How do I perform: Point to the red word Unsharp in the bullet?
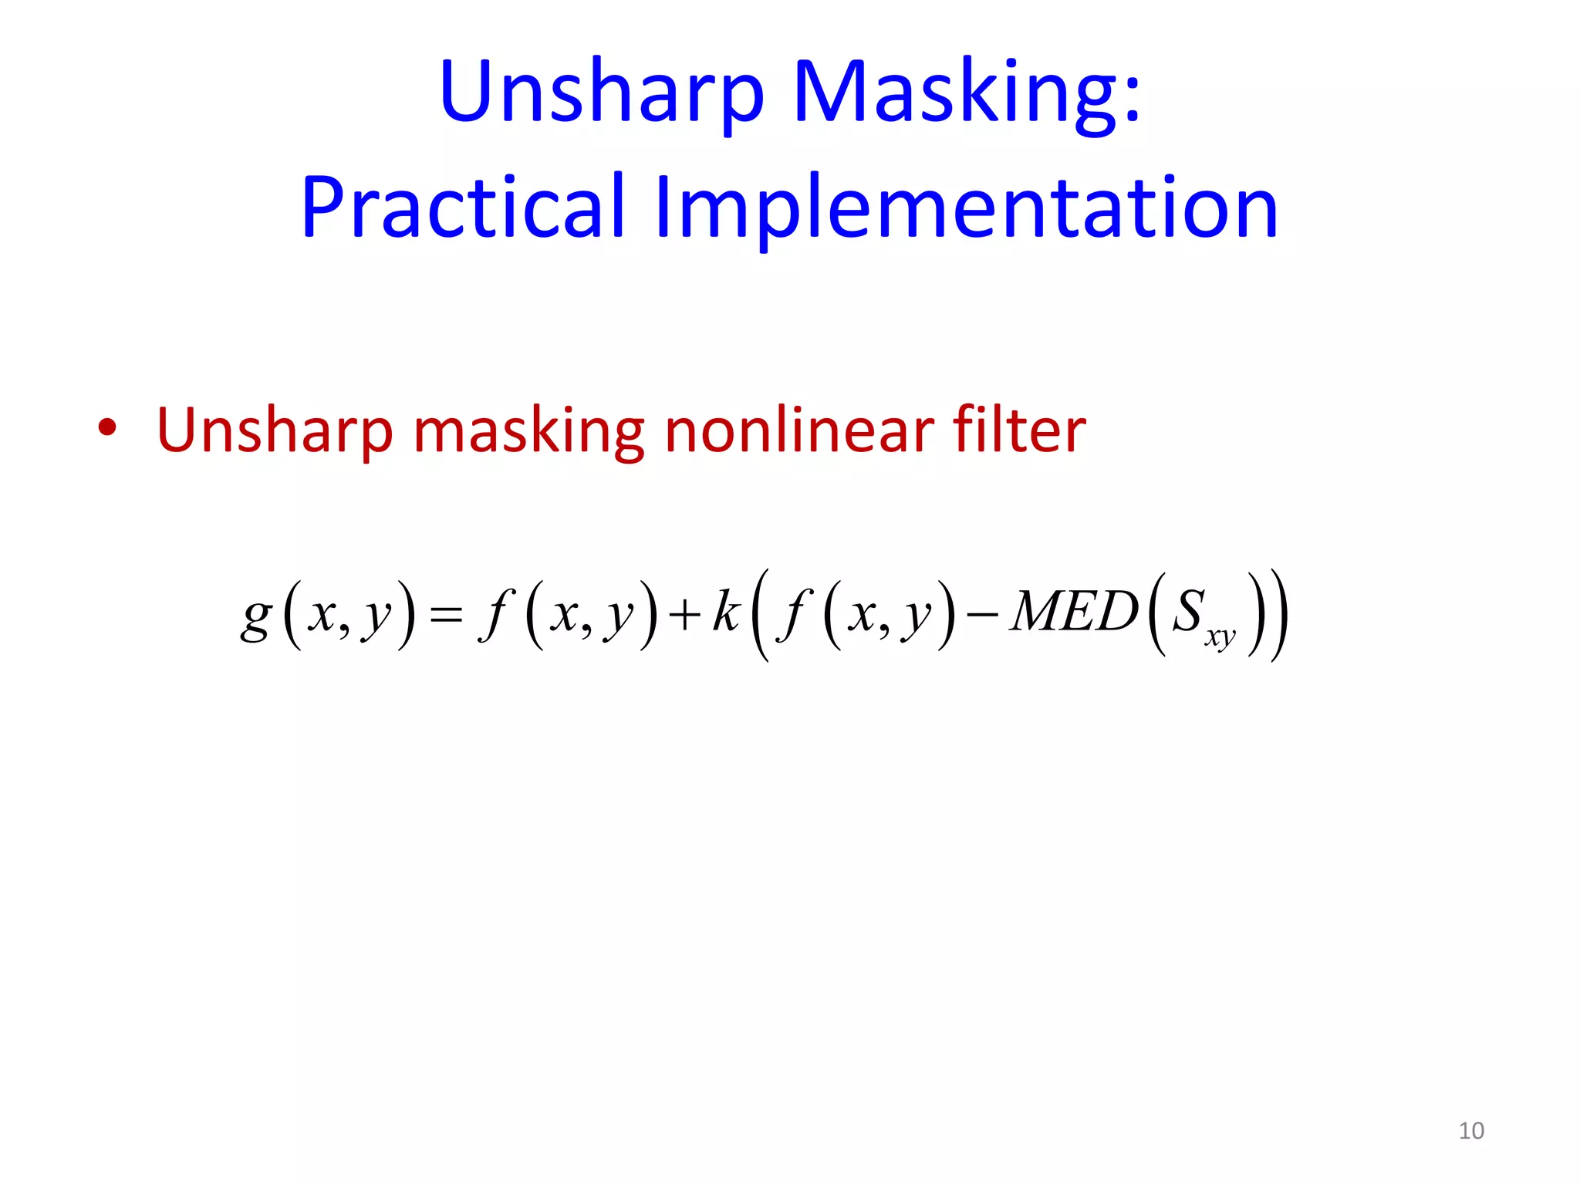(275, 432)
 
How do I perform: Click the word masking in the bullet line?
(528, 432)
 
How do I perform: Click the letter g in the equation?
(256, 617)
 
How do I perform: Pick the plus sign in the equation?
(684, 615)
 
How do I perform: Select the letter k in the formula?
(726, 611)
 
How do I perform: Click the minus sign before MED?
(982, 615)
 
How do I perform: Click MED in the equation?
(1075, 612)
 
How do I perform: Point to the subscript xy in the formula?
(1220, 638)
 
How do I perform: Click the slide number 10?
(1471, 1131)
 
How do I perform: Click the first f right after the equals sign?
(495, 615)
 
